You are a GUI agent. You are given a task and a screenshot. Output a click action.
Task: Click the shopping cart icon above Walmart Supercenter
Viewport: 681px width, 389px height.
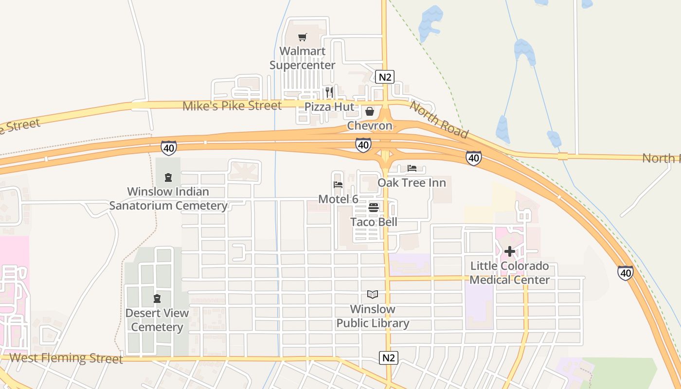(303, 37)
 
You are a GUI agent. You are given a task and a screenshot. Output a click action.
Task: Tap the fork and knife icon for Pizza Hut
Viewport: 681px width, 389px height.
(329, 92)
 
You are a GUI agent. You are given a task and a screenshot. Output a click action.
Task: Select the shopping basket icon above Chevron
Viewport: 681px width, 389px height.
(370, 112)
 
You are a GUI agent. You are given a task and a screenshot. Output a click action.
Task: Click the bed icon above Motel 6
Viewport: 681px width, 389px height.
(338, 185)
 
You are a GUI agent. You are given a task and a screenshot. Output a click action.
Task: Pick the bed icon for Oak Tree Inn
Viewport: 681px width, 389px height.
(412, 169)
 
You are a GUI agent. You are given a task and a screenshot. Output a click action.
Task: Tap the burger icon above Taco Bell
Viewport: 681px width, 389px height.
(374, 208)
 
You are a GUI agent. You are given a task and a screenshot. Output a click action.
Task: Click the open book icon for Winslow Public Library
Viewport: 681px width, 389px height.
(373, 295)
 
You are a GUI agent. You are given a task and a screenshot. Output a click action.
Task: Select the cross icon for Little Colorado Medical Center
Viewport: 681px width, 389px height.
(510, 251)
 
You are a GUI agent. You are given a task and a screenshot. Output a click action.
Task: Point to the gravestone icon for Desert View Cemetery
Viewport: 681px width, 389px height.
(157, 298)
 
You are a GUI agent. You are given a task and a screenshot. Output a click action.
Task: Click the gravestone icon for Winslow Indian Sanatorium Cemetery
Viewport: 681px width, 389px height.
(168, 177)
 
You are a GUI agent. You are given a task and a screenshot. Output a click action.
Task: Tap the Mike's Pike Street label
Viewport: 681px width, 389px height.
(232, 106)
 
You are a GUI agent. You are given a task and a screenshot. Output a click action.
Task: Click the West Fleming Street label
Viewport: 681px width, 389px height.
(66, 358)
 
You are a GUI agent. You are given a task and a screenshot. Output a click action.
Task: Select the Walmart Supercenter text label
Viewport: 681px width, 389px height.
(303, 58)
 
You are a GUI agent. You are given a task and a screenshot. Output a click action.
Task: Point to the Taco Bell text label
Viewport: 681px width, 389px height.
(374, 222)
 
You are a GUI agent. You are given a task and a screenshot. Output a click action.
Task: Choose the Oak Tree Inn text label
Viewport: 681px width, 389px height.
(412, 183)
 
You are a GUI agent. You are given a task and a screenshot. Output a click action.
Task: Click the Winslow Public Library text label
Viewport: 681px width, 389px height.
(373, 316)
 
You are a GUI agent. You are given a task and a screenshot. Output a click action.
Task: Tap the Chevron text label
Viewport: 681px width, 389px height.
(370, 126)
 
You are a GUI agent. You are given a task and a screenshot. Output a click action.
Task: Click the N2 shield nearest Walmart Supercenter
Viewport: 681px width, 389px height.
(384, 77)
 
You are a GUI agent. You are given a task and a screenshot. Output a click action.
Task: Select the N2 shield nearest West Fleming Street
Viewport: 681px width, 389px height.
(389, 358)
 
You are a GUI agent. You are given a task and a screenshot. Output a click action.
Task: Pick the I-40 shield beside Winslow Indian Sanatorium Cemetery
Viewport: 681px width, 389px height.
(169, 148)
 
